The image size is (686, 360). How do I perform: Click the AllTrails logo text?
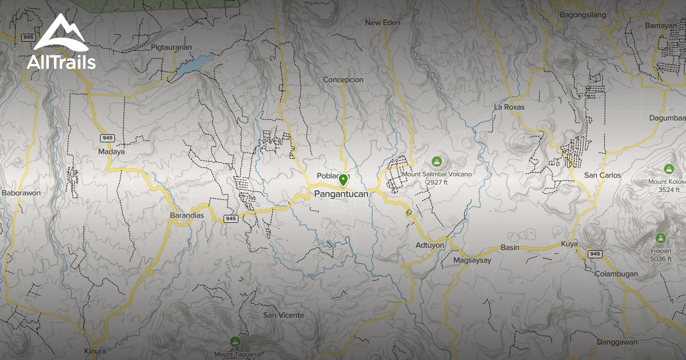[61, 62]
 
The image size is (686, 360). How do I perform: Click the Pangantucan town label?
[341, 194]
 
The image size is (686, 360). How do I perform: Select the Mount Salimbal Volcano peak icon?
[437, 162]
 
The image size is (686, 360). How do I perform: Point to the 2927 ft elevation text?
[437, 182]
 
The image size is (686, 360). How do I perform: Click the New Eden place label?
[382, 23]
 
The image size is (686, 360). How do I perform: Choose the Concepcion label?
[343, 79]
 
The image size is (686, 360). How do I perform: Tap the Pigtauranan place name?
[171, 47]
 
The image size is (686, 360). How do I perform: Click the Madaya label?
[111, 152]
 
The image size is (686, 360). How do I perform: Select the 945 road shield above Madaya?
[107, 138]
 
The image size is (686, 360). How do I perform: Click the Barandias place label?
[187, 215]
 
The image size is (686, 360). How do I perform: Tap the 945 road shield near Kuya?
[595, 254]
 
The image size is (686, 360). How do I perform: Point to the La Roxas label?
[509, 107]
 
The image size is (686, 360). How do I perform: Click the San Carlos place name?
[602, 175]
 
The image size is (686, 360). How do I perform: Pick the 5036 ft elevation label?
[661, 259]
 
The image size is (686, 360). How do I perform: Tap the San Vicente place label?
[284, 315]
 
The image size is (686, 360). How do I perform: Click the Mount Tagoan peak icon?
[235, 342]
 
